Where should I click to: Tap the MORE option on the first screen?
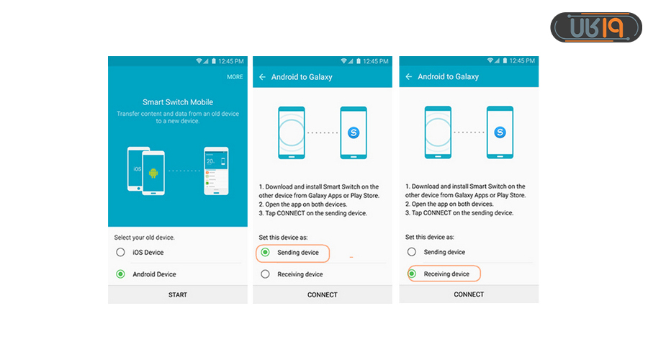(x=235, y=77)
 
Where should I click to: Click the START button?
(x=178, y=294)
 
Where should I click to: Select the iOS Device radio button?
(x=120, y=252)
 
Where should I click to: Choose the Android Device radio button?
(x=120, y=274)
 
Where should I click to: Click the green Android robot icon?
(x=153, y=173)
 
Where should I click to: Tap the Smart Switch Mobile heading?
(x=178, y=102)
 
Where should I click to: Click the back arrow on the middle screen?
(x=262, y=77)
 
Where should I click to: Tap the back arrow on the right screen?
(x=409, y=76)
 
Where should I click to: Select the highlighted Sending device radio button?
(x=265, y=252)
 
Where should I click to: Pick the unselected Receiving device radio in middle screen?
(x=265, y=274)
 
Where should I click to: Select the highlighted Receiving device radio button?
(x=412, y=274)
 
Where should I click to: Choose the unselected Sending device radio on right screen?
(x=412, y=252)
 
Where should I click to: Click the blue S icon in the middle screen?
(x=354, y=132)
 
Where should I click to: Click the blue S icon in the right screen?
(x=500, y=132)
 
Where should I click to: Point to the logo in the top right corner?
(x=596, y=27)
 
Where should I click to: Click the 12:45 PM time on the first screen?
(x=231, y=61)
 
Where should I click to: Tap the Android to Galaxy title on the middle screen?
(x=302, y=77)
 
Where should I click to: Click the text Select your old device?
(x=144, y=238)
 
